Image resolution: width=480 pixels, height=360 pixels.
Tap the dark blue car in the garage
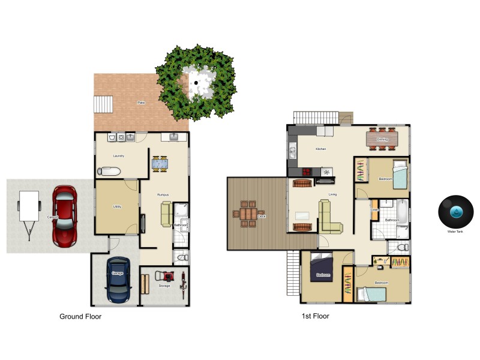(x=118, y=280)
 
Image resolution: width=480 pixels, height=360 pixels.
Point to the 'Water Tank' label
(x=455, y=231)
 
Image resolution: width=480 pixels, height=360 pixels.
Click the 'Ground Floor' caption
(x=80, y=316)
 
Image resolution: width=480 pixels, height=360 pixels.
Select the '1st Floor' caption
(x=315, y=316)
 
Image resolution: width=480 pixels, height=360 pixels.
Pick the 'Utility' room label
(x=117, y=207)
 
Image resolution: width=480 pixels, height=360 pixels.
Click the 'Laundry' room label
(x=118, y=156)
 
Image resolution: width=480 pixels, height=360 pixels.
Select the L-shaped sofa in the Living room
(x=329, y=217)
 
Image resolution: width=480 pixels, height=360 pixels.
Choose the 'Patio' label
(x=141, y=103)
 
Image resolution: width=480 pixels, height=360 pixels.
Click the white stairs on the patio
(x=103, y=105)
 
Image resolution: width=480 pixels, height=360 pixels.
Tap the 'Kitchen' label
(x=321, y=149)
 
